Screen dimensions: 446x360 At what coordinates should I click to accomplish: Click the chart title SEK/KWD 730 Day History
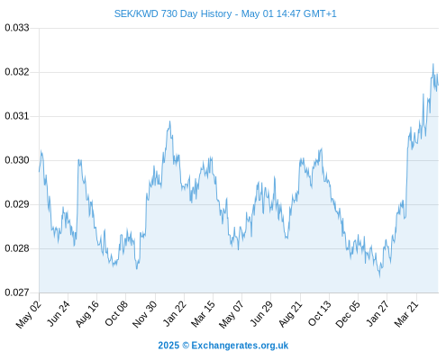coord(173,13)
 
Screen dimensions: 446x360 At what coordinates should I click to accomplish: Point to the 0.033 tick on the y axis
coord(17,28)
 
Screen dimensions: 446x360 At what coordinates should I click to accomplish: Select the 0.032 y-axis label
coord(17,72)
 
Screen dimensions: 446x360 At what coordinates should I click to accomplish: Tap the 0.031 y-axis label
coord(17,116)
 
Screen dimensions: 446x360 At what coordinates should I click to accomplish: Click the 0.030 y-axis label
coord(17,160)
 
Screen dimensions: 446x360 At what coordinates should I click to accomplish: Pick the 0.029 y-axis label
coord(17,204)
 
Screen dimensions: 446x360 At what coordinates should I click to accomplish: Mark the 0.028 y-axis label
coord(17,248)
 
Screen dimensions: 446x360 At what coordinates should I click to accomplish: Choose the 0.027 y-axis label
coord(17,292)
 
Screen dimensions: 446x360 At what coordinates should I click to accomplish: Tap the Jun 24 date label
coord(59,313)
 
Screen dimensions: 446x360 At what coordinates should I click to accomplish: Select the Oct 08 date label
coord(116,313)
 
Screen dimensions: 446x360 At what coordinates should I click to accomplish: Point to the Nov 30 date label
coord(145,314)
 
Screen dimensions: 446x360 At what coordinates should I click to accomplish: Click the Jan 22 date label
coord(175,313)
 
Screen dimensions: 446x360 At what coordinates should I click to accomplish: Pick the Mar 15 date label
coord(203,314)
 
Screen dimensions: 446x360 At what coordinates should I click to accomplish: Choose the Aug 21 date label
coord(290,314)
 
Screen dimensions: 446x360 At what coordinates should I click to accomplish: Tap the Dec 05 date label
coord(348,314)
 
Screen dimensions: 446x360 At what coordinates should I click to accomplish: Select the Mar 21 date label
coord(406,314)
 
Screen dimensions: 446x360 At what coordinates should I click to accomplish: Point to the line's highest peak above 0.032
coord(433,64)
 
